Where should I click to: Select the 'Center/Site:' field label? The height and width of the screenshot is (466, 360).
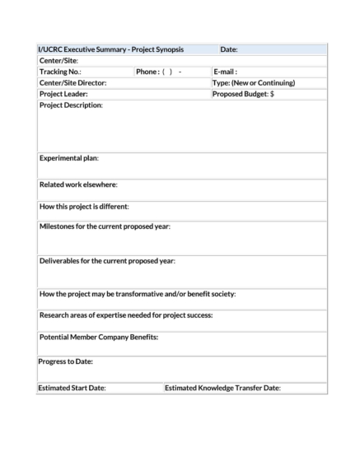coord(58,61)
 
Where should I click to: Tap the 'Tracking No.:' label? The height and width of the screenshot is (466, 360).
coord(60,72)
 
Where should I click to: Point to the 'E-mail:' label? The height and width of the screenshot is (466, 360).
coord(225,72)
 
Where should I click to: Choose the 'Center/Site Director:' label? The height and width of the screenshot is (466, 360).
coord(73,82)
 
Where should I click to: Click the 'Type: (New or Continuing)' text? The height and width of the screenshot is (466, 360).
coord(254,82)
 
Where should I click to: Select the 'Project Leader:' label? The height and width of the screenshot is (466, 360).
coord(63,94)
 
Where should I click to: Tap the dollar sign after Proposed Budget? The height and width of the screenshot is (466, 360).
coord(272,94)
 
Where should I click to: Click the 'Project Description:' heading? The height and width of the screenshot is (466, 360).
coord(71,105)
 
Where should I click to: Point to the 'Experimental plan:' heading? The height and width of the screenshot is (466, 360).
coord(69,157)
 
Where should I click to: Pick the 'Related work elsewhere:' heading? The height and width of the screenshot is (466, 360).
coord(78,184)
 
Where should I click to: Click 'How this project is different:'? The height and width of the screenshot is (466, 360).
coord(84,206)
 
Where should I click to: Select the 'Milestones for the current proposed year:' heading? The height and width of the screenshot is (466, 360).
coord(105,226)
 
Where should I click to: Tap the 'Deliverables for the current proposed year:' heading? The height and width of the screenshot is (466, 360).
coord(107,261)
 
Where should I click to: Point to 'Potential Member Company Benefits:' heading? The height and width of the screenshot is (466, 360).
coord(99,337)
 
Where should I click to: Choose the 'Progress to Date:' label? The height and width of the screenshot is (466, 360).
coord(65,361)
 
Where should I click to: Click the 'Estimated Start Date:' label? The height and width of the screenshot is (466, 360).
coord(72,387)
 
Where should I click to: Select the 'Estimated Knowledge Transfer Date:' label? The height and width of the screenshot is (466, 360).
coord(222,387)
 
